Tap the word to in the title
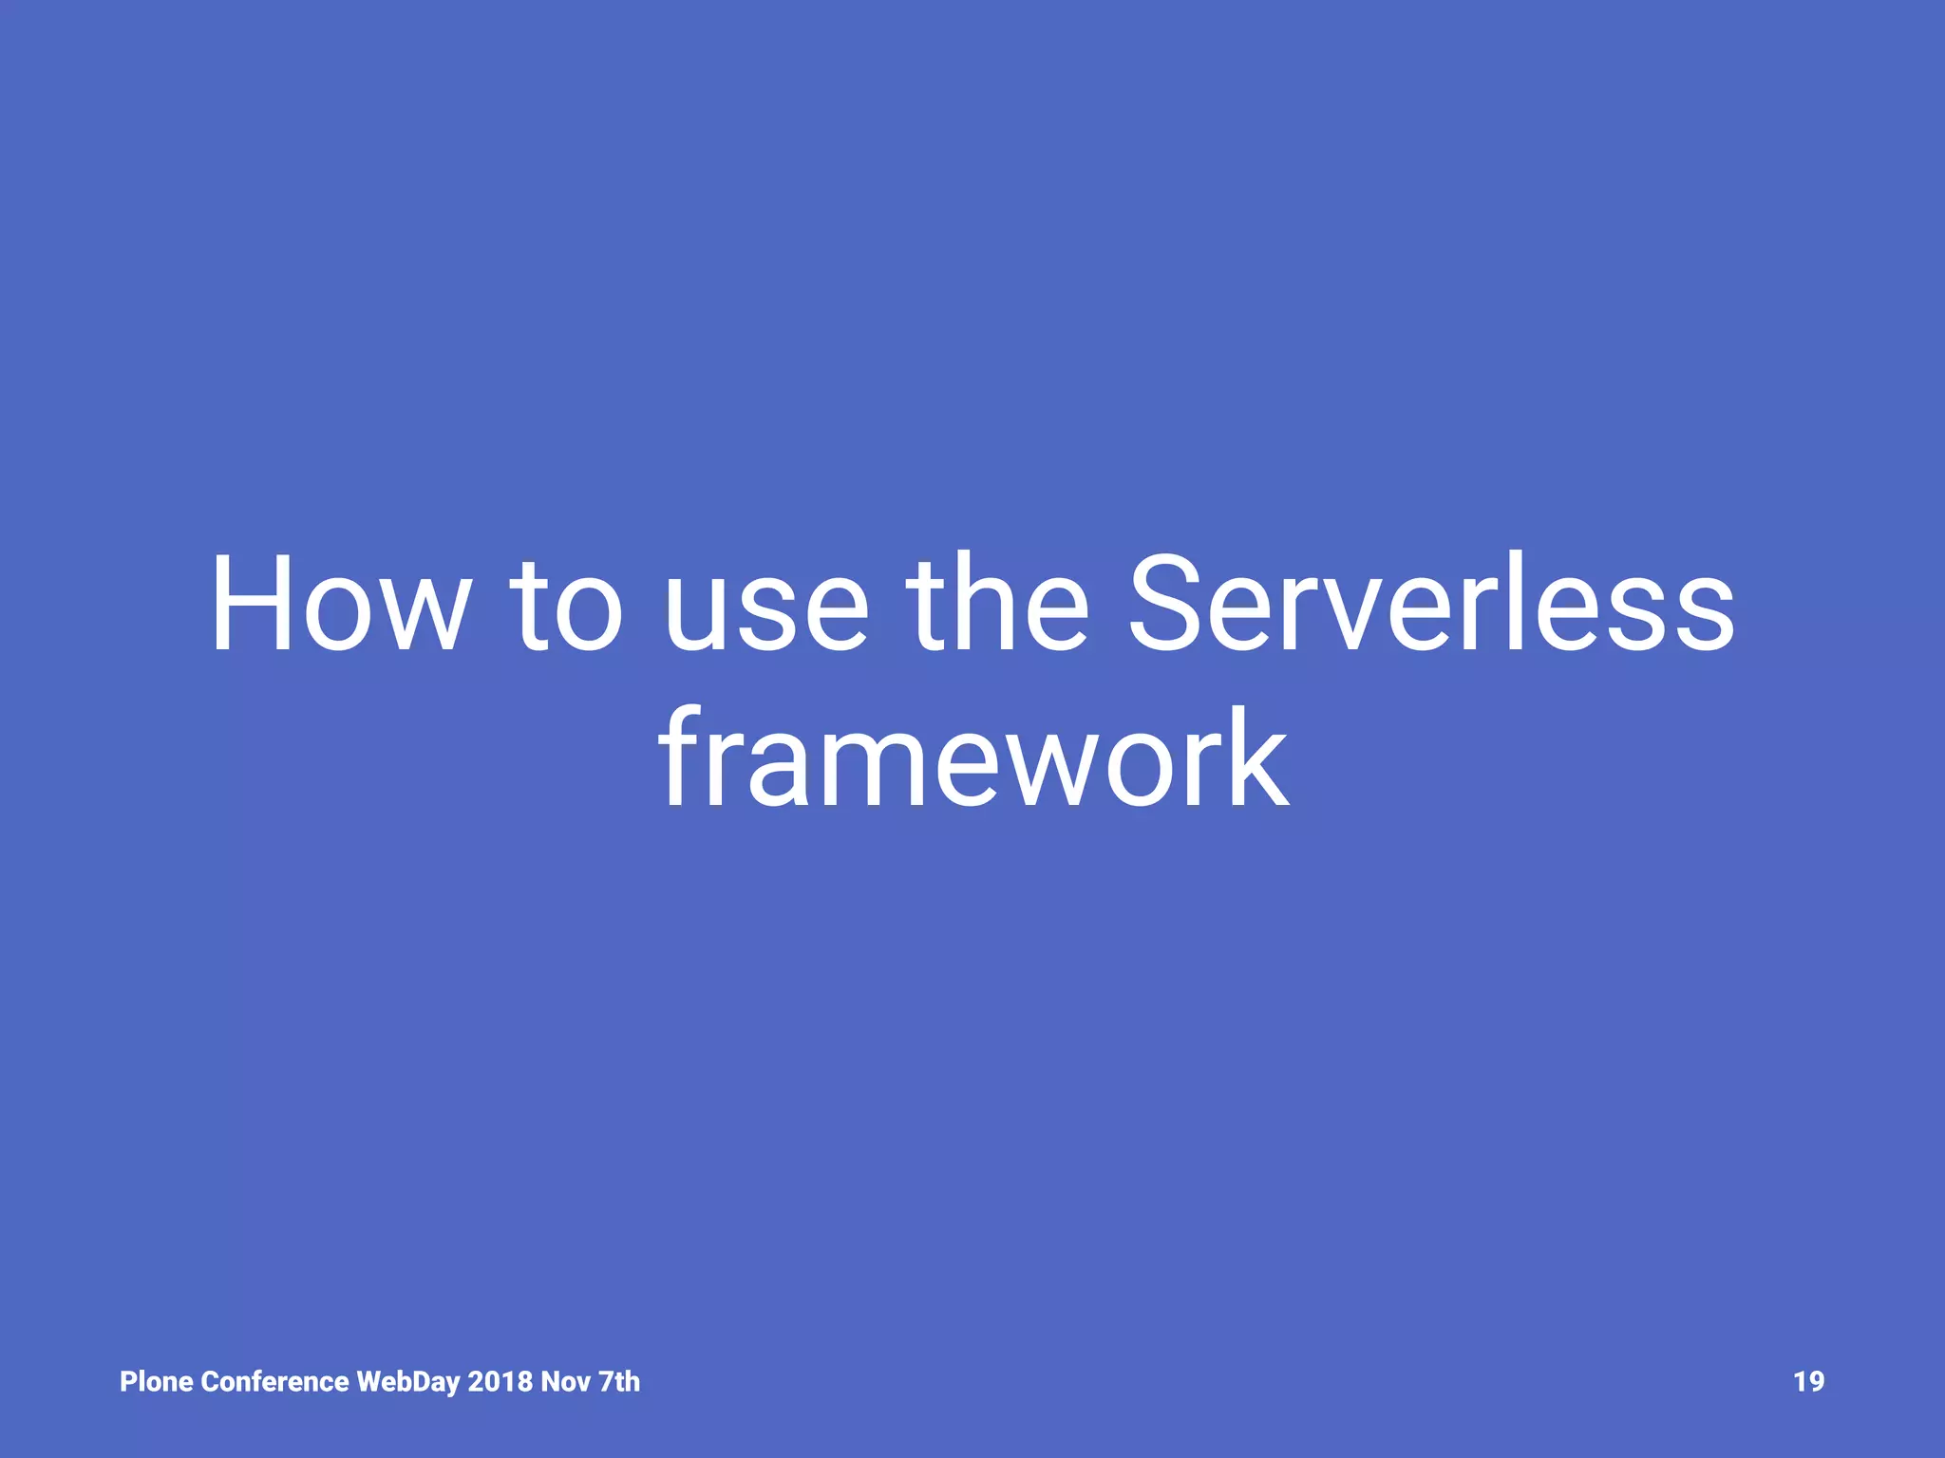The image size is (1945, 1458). tap(567, 604)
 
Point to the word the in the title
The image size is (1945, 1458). tap(997, 604)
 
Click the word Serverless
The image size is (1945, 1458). tap(1430, 604)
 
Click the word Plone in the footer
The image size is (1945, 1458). tap(156, 1381)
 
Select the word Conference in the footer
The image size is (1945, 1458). tap(275, 1381)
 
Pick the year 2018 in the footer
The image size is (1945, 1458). tap(500, 1381)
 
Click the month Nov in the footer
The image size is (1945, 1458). tap(566, 1381)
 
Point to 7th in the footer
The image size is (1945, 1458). tap(619, 1381)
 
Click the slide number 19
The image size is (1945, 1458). tap(1808, 1381)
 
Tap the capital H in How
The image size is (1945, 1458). tap(251, 604)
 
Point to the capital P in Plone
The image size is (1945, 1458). tap(128, 1381)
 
